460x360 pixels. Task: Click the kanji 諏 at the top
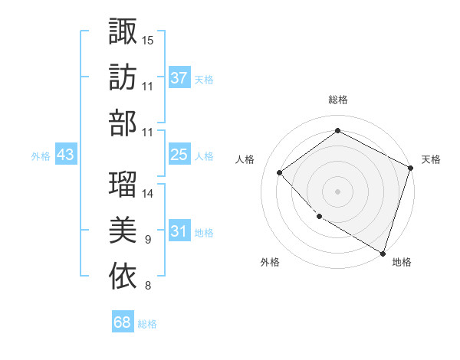tap(123, 31)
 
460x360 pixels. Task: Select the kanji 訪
tap(123, 77)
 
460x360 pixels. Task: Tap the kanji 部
tap(123, 123)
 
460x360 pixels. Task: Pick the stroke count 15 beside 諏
tap(148, 40)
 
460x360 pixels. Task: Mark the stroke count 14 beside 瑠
tap(148, 194)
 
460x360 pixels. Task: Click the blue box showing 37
tap(179, 77)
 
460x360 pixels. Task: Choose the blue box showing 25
tap(179, 155)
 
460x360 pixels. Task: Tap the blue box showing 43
tap(65, 155)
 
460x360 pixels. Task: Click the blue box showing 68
tap(122, 322)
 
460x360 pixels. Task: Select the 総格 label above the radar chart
tap(337, 100)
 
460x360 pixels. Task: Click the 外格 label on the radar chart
tap(270, 262)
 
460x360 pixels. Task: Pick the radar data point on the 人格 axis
tap(280, 172)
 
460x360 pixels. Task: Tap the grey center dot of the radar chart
tap(337, 191)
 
